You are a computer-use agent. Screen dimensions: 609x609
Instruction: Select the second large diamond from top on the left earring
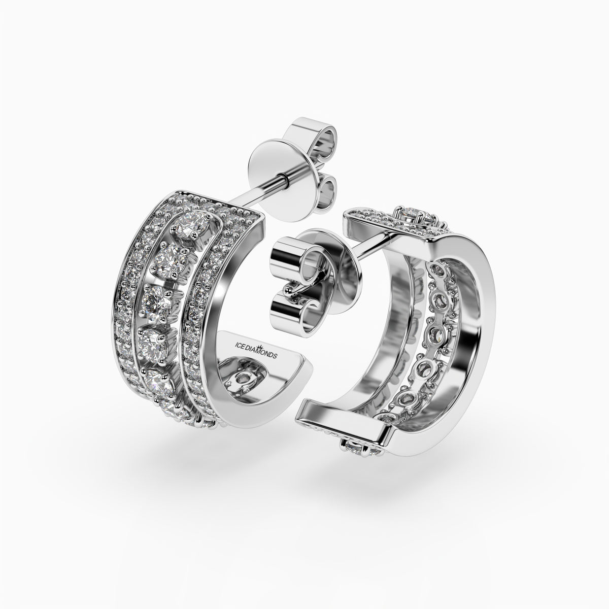tap(170, 262)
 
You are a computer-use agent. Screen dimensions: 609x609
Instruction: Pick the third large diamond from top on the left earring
tap(157, 300)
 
